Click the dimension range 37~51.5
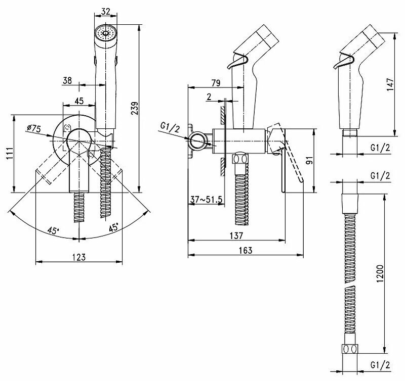pyautogui.click(x=207, y=199)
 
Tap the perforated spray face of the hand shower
pyautogui.click(x=105, y=34)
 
